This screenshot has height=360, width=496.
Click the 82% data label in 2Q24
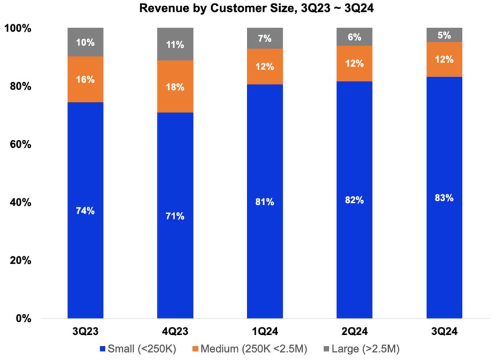click(x=354, y=200)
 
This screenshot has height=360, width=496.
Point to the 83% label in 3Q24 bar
click(x=444, y=198)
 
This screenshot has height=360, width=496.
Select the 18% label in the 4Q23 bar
click(x=175, y=87)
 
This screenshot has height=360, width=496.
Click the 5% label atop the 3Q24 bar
click(x=444, y=34)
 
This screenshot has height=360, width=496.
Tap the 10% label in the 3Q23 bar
click(x=85, y=42)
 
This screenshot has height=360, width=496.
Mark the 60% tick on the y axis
click(x=21, y=145)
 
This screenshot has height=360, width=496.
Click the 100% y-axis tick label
click(x=19, y=29)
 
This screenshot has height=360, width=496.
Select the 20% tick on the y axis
click(x=21, y=261)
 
